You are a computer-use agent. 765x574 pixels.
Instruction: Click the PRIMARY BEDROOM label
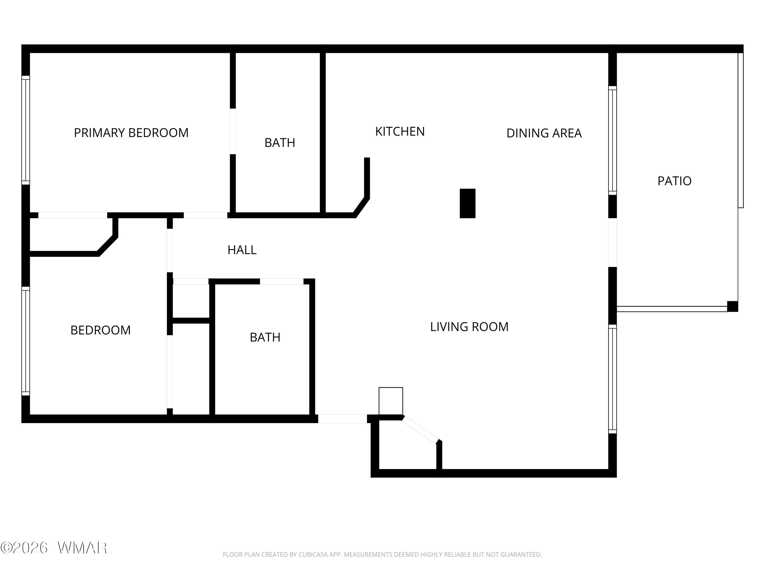[131, 133]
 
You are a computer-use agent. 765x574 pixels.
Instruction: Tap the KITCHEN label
[400, 131]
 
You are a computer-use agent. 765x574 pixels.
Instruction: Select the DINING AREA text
[544, 133]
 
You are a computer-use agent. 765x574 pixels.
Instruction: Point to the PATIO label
[674, 181]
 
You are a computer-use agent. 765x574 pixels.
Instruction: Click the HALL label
[242, 250]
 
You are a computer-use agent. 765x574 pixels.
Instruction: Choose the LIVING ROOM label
[469, 327]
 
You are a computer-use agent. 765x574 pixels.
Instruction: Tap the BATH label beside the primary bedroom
[280, 143]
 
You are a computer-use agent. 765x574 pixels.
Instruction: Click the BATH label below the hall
[265, 337]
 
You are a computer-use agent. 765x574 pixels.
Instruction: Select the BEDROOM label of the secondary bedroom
[100, 330]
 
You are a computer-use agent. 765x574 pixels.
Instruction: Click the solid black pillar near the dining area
[468, 203]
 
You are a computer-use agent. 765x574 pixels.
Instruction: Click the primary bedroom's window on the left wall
[25, 130]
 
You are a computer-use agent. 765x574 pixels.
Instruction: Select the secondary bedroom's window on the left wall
[25, 341]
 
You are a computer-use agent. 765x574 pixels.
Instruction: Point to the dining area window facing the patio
[613, 140]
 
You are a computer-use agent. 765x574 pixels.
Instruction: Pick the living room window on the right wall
[613, 379]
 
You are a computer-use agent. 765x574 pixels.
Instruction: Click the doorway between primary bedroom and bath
[233, 131]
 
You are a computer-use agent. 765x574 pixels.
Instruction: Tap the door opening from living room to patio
[613, 243]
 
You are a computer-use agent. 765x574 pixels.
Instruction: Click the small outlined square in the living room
[391, 401]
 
